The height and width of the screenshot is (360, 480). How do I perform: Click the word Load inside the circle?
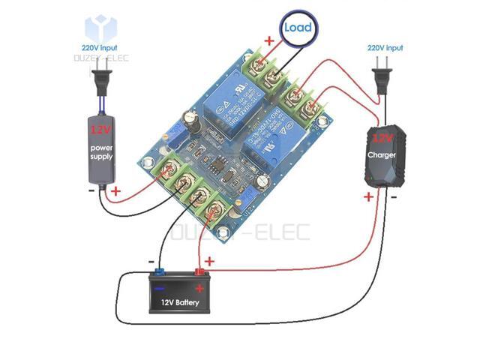coord(297,27)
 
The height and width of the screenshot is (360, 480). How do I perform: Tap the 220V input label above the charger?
coord(385,48)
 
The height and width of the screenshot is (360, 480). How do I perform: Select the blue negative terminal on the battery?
coord(159,271)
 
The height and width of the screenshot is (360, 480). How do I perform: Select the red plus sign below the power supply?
coord(115,192)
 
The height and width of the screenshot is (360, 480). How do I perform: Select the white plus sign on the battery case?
coord(199,288)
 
